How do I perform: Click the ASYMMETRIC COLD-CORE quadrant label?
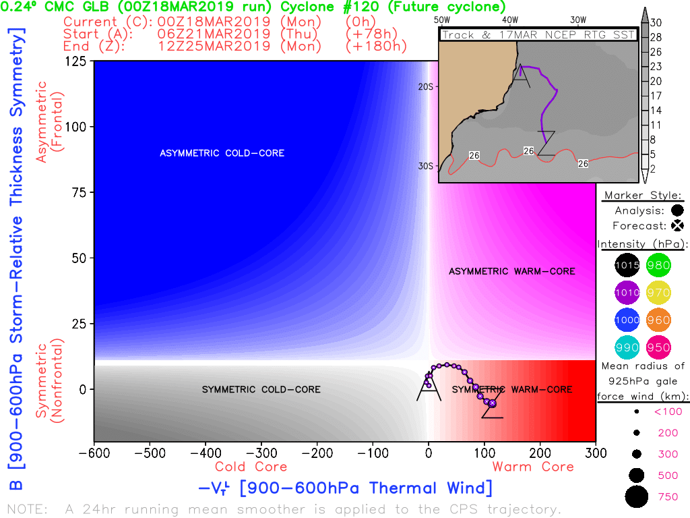(222, 153)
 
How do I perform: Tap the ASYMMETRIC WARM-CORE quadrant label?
(512, 271)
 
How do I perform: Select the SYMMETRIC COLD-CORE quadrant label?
(261, 389)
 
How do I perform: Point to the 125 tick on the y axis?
(75, 61)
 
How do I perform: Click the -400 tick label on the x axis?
(205, 453)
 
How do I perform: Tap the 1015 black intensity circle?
(626, 266)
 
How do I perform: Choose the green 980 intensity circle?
(658, 266)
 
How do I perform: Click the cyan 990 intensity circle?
(626, 347)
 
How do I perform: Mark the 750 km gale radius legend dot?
(635, 497)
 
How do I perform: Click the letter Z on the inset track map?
(546, 143)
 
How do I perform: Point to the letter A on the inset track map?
(521, 72)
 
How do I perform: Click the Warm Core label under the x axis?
(533, 467)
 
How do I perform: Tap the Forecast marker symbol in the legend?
(677, 225)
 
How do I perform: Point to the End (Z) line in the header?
(235, 47)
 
